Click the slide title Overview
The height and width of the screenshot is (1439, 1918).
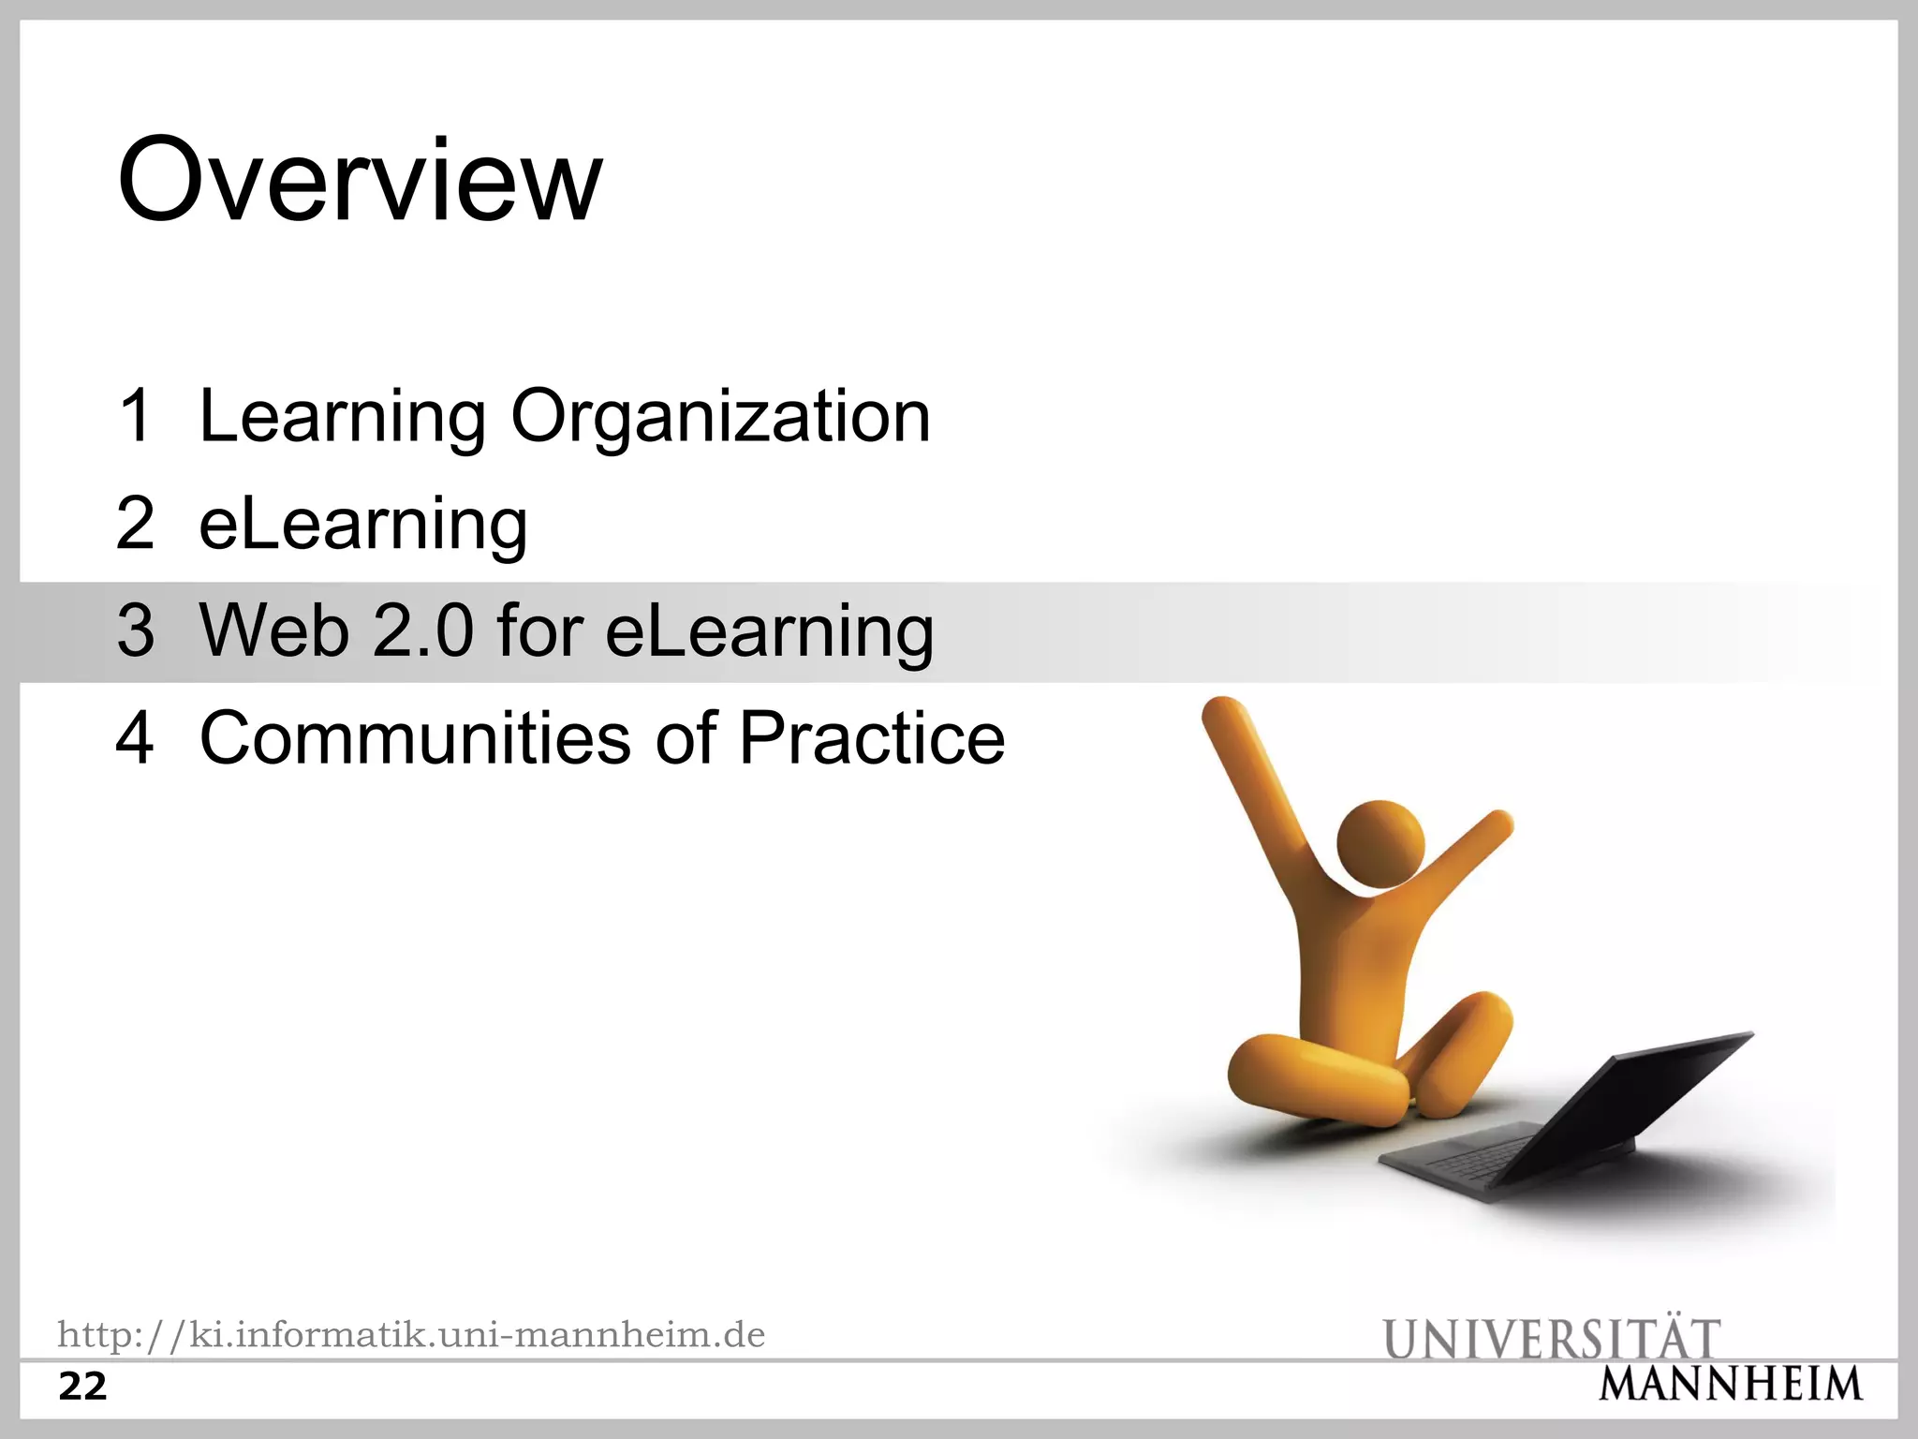tap(360, 180)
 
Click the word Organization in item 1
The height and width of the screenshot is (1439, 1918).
tap(720, 417)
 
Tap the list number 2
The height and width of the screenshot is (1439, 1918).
tap(136, 523)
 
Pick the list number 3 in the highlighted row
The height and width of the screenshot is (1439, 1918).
tap(136, 630)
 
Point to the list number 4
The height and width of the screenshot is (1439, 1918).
tap(136, 738)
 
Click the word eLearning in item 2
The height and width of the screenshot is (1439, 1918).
tap(363, 525)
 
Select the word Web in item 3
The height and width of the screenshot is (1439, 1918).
tap(273, 630)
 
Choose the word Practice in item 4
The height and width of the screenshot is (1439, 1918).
tap(872, 738)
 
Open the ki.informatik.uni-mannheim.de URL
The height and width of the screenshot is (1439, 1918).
tap(411, 1334)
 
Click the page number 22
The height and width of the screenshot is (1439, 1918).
tap(82, 1387)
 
